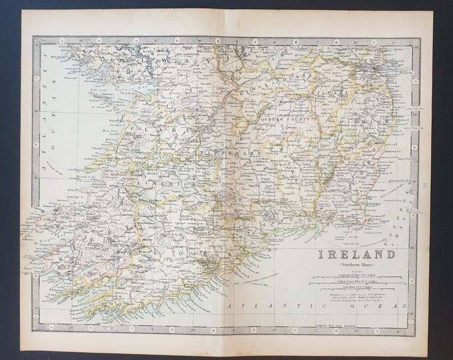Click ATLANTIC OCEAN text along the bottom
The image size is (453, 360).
tap(313, 305)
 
